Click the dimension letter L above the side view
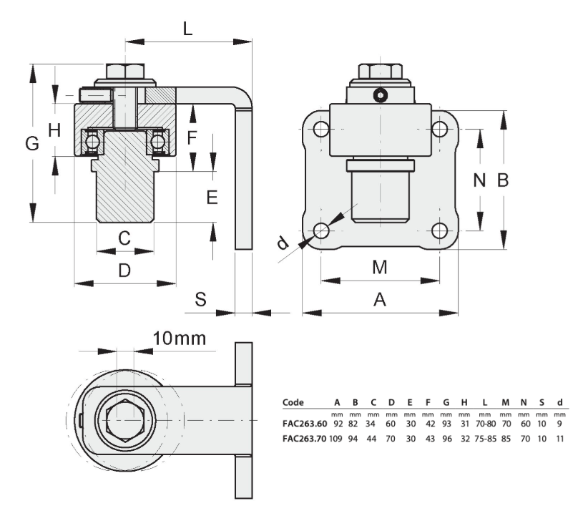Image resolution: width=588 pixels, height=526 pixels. (187, 29)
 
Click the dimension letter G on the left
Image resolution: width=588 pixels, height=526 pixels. (32, 143)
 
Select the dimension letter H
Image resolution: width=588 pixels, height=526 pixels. (55, 130)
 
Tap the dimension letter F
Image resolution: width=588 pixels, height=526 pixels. (192, 137)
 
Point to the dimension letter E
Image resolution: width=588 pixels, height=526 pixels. (212, 197)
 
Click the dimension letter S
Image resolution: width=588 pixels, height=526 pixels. (200, 299)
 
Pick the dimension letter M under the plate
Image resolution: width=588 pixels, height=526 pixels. (380, 268)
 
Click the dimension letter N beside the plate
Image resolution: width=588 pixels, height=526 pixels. (479, 180)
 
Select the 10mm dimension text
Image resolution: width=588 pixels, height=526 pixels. (180, 339)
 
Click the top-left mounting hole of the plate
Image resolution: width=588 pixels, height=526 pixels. (321, 130)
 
